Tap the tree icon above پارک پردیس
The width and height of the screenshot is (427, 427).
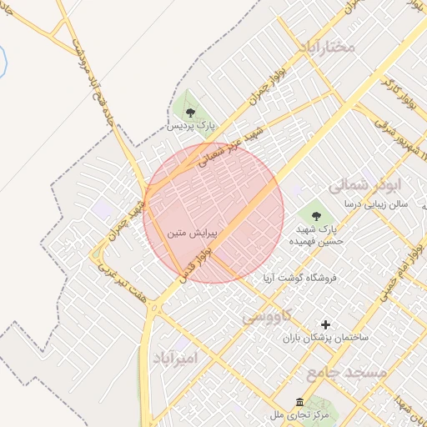click(x=191, y=112)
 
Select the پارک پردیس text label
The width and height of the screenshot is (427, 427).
click(x=192, y=126)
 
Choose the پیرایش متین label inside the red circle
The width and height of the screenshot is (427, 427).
click(x=192, y=235)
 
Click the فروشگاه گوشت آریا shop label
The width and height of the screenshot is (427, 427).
click(x=299, y=279)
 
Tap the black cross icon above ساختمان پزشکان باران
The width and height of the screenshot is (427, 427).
click(x=325, y=324)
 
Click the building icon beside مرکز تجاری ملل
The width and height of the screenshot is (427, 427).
click(x=299, y=402)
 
